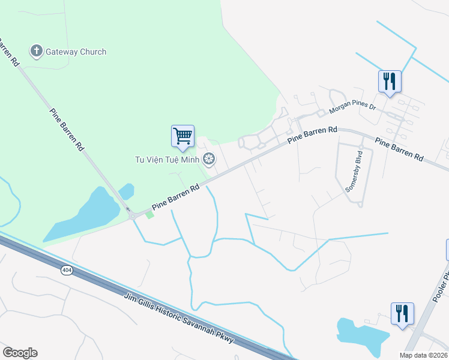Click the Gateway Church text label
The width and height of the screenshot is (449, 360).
(76, 52)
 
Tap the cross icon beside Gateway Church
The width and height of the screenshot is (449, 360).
(37, 52)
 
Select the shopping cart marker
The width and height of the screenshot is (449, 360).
(182, 136)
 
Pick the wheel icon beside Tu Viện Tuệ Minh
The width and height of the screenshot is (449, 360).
(209, 159)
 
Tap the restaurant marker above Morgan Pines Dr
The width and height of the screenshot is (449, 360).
(390, 81)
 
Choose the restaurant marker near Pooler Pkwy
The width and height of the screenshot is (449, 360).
(402, 313)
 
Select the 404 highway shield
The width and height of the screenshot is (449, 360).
(65, 270)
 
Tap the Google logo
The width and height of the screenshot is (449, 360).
(20, 353)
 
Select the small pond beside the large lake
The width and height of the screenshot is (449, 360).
(126, 191)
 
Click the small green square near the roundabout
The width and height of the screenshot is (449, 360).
(149, 214)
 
